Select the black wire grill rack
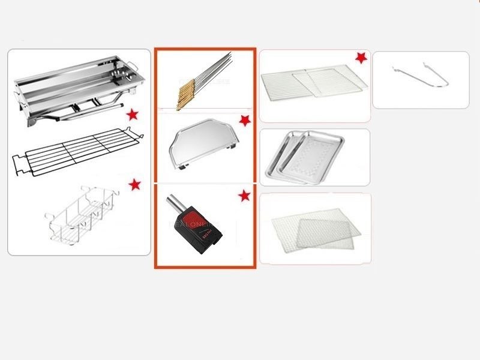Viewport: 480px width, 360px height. point(78,147)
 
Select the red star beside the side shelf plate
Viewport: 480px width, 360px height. point(244,121)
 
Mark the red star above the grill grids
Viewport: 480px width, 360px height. point(361,58)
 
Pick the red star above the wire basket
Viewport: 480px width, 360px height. point(134,184)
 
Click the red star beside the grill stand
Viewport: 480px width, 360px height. point(132,115)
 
